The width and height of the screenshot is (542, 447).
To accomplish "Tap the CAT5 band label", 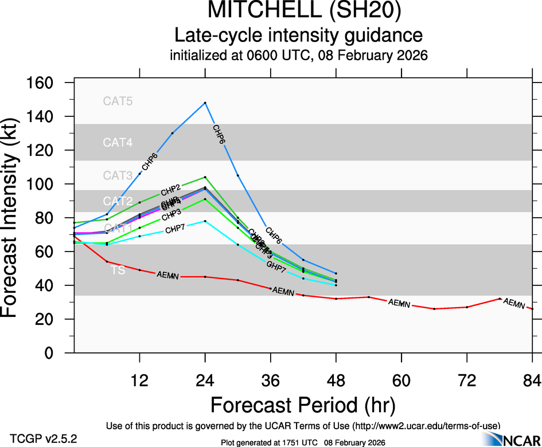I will tap(118, 101).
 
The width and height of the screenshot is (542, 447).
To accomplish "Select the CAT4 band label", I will tap(118, 142).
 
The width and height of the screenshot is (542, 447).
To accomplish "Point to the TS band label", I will tap(118, 269).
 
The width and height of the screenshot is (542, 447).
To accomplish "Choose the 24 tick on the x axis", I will tap(205, 379).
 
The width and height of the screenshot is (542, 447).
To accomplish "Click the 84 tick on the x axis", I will tap(532, 379).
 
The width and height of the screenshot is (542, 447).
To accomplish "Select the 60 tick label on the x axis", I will tap(401, 379).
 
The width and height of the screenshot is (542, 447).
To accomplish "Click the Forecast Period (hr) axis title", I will tap(303, 405).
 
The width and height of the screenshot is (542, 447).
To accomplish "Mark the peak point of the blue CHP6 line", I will tap(205, 103).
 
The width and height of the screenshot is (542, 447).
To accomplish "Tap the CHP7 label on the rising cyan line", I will tap(174, 230).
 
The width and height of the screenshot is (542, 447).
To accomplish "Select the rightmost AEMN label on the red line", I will tap(513, 303).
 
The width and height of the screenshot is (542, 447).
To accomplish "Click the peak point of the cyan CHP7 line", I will tap(205, 221).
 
